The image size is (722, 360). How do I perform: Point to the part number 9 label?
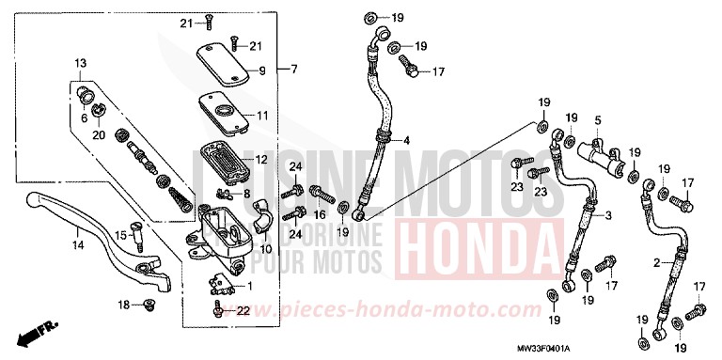262,70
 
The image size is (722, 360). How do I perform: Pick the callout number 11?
262,116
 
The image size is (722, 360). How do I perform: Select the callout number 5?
597,121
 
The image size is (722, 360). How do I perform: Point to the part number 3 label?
609,216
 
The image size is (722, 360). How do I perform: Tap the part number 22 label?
243,310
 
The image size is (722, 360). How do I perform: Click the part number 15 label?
119,235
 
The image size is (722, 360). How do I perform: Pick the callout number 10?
266,248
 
